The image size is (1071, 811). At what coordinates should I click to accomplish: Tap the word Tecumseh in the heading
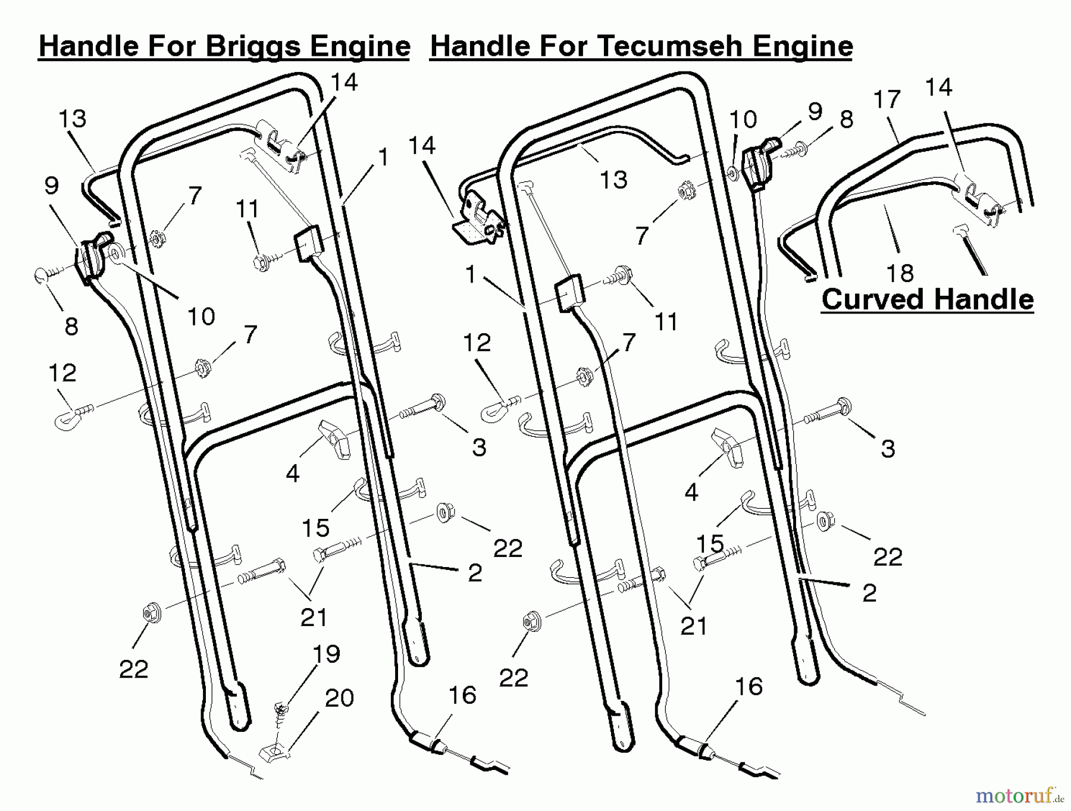673,46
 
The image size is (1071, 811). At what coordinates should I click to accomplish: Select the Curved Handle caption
928,299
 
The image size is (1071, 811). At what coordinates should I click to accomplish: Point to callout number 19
326,654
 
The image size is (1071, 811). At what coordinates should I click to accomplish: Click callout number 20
339,697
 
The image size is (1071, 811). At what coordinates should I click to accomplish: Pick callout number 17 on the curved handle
887,99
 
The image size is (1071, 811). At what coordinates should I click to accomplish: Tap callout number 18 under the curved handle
900,273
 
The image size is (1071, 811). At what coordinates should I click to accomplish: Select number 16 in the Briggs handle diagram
462,695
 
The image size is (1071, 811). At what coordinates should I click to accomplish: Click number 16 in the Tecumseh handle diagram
749,687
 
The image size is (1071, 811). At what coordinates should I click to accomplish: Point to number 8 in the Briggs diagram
71,326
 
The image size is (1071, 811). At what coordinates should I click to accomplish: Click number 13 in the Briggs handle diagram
73,118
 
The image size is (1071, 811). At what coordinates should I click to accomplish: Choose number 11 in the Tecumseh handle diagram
666,322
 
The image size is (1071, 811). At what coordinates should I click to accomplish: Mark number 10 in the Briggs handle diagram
201,317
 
